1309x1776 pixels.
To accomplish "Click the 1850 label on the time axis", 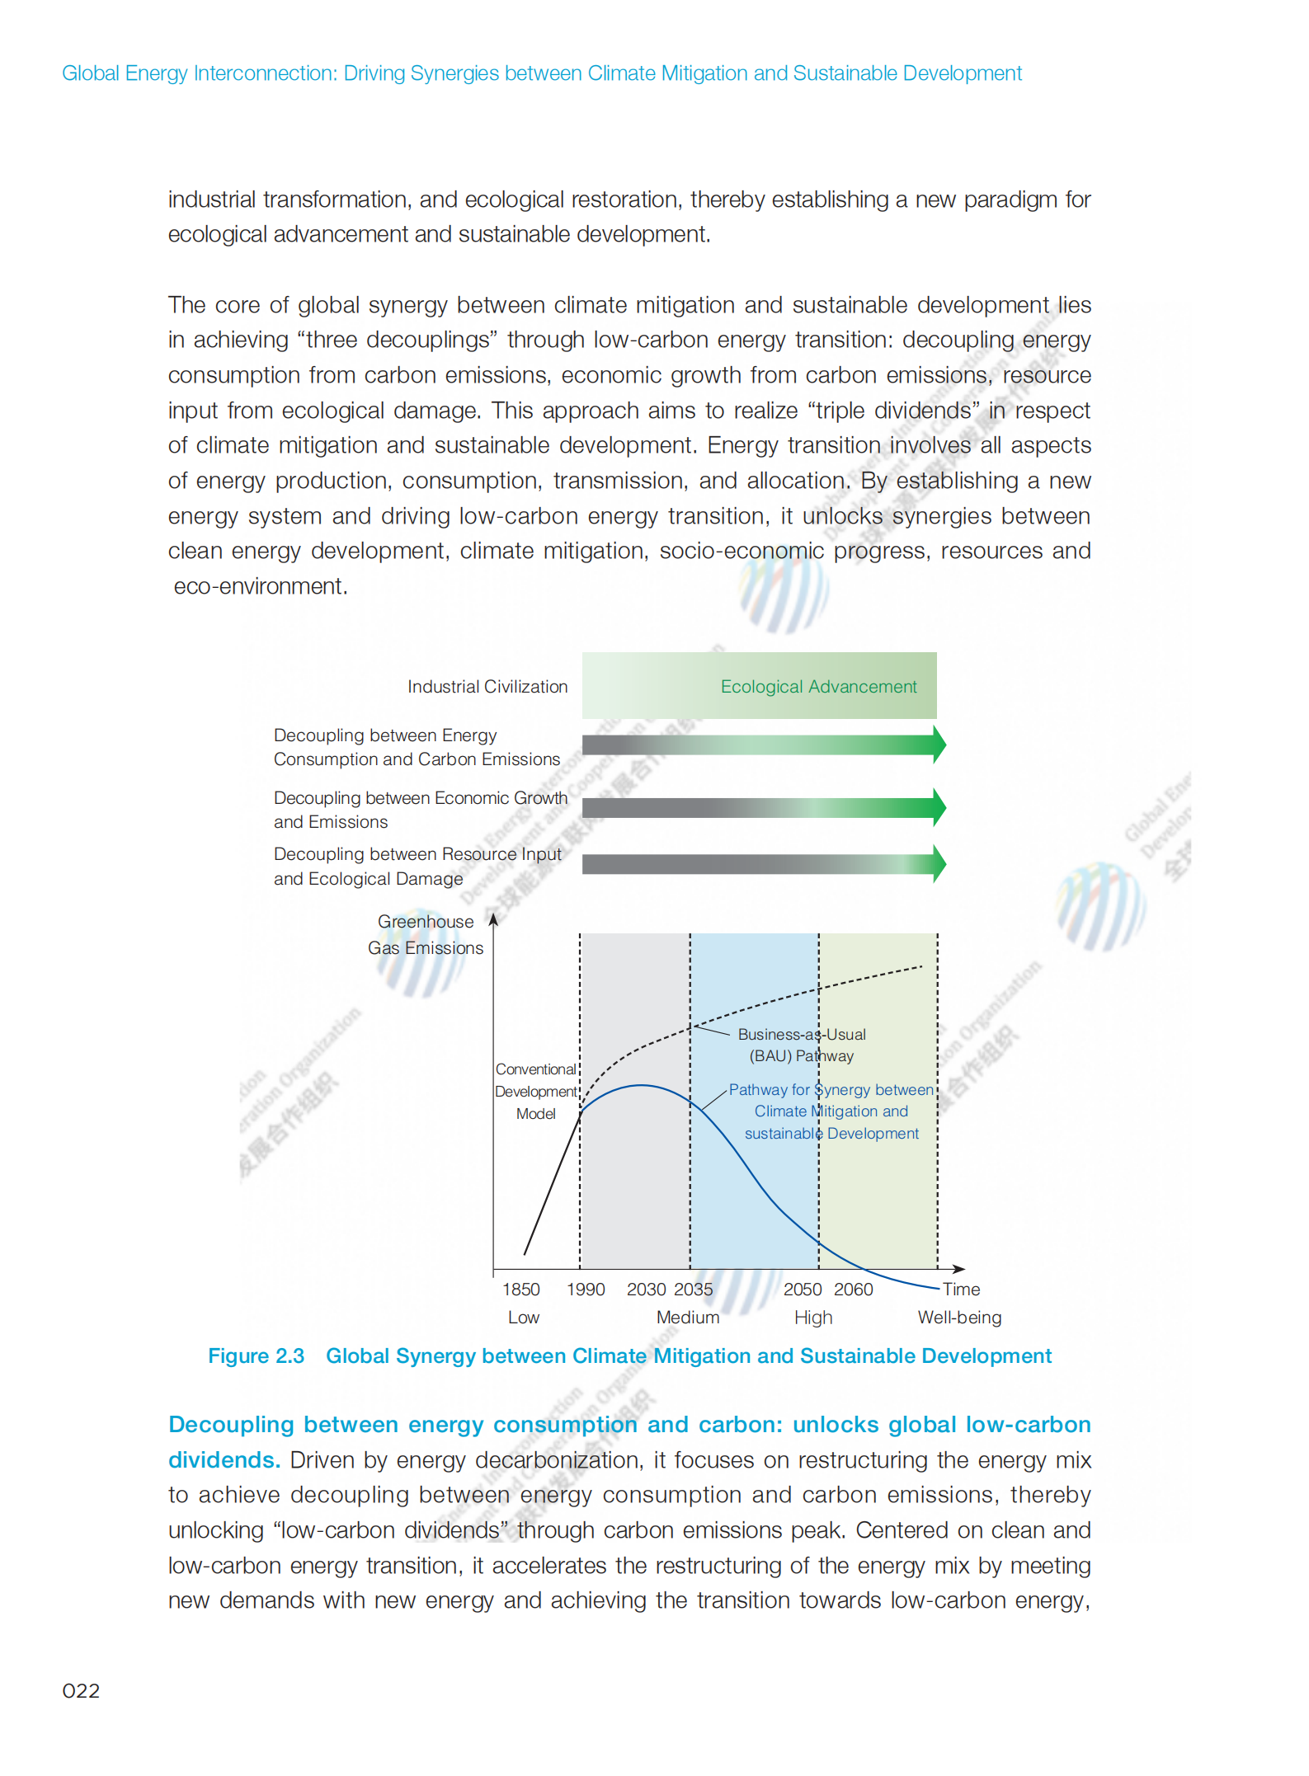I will coord(521,1290).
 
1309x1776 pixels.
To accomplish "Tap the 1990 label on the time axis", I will coord(586,1290).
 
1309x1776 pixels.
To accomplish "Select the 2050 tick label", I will coord(803,1290).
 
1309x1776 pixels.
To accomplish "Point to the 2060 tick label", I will coord(854,1290).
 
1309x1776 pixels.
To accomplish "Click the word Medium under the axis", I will coord(688,1318).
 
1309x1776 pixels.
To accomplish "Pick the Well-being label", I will coord(959,1318).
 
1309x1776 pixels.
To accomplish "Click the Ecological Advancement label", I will coord(818,687).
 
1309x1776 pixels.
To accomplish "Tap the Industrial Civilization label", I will coord(487,687).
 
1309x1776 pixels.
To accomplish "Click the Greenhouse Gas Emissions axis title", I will coord(426,935).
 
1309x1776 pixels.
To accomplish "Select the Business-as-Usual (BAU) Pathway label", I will coord(802,1045).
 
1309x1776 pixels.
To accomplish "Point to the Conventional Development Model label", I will coord(536,1091).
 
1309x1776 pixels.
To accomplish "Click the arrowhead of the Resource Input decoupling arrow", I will coord(939,864).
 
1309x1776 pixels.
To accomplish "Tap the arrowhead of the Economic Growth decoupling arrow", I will coord(939,807).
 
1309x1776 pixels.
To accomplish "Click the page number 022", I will coord(81,1691).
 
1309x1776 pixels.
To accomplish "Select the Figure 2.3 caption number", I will coord(256,1356).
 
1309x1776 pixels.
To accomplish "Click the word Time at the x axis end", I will coord(961,1290).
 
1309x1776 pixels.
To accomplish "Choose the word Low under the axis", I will coord(524,1318).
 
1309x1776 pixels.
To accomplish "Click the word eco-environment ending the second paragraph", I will coord(260,586).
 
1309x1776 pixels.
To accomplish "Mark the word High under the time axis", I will coord(813,1318).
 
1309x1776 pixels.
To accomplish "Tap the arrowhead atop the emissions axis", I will coord(493,919).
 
